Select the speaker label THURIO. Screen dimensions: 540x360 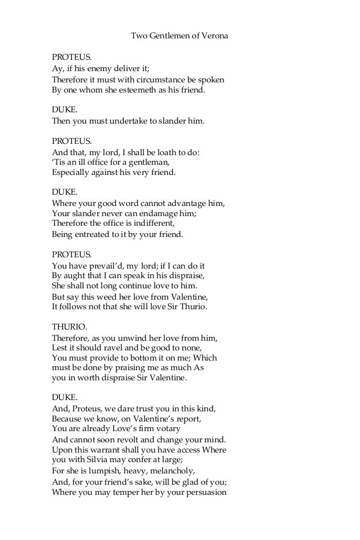click(x=68, y=326)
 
